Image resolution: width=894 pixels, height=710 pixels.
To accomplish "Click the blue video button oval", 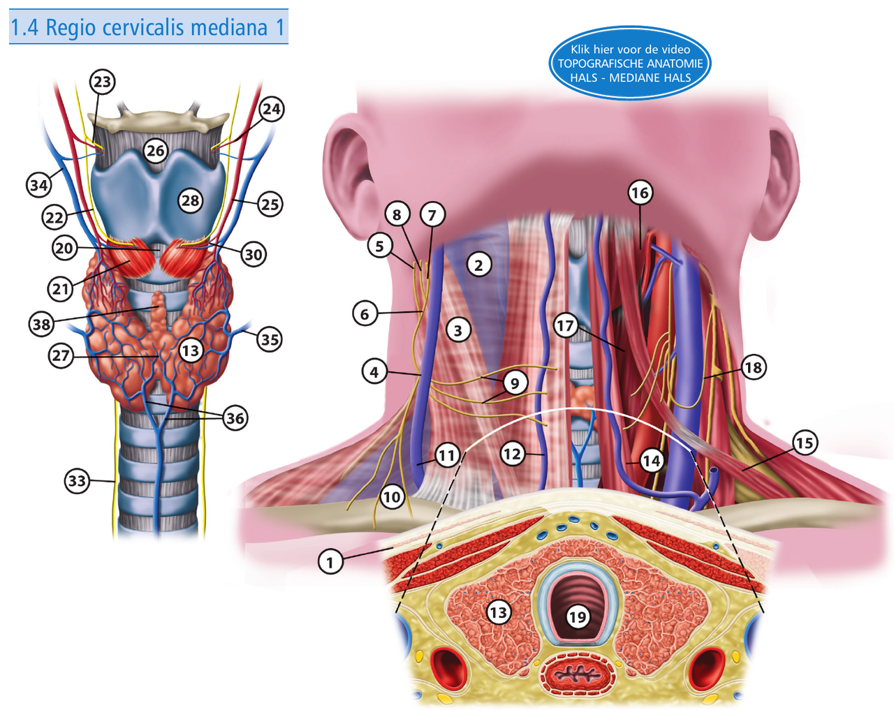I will [x=630, y=64].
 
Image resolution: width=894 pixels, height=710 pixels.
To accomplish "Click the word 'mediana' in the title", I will [x=228, y=27].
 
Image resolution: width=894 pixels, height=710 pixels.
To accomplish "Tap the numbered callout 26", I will [x=156, y=150].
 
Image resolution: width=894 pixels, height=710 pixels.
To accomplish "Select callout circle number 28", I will [x=190, y=201].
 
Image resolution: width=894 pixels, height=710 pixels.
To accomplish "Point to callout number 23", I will [x=102, y=82].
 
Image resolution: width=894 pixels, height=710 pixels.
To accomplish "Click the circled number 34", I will [x=39, y=185].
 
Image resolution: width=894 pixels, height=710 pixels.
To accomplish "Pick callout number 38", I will [x=42, y=324].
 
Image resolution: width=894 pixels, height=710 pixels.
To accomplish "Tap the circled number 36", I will [x=235, y=418].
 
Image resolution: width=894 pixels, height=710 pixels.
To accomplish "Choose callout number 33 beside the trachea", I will [x=78, y=481].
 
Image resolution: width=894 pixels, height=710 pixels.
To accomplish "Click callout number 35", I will [x=270, y=339].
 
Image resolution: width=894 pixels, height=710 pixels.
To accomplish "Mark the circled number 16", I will [x=640, y=193].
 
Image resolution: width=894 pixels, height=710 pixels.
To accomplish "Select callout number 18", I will [x=753, y=367].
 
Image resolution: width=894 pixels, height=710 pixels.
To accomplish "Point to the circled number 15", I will [x=805, y=443].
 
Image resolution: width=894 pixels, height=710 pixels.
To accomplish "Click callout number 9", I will [x=515, y=383].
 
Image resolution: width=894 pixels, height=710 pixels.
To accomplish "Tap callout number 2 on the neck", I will [x=478, y=265].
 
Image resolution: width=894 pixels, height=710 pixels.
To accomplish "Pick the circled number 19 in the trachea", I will [x=577, y=616].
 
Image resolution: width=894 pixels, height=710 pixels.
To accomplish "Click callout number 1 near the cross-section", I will [x=330, y=561].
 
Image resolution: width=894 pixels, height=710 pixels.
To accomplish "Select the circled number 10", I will [x=392, y=497].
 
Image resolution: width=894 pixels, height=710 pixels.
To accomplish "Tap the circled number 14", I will [x=651, y=461].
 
